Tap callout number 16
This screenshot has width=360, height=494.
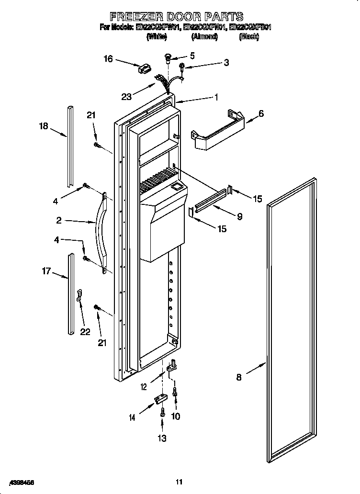(108, 59)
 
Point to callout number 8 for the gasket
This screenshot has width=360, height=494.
(239, 378)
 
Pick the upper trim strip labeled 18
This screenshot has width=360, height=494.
(70, 147)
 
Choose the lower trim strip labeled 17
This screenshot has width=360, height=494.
(71, 294)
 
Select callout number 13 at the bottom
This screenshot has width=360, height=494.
(163, 438)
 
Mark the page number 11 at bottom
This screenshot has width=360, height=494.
(179, 482)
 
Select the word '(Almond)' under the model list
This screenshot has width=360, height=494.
(204, 36)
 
